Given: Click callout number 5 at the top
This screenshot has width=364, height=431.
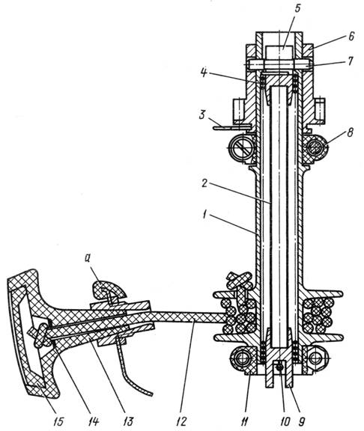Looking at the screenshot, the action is pyautogui.click(x=297, y=8).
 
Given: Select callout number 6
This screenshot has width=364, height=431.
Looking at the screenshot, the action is pyautogui.click(x=351, y=36).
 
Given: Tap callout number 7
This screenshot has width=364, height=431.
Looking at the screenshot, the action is pyautogui.click(x=351, y=61).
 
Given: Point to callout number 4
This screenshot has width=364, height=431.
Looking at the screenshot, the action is pyautogui.click(x=203, y=73).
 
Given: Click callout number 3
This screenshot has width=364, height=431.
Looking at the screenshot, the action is pyautogui.click(x=202, y=114).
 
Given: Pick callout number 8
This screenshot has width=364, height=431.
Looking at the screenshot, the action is pyautogui.click(x=350, y=132).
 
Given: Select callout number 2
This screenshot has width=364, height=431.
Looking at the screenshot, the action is pyautogui.click(x=204, y=183).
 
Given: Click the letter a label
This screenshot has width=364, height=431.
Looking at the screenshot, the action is pyautogui.click(x=88, y=259).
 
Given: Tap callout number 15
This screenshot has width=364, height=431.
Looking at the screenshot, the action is pyautogui.click(x=58, y=421).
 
